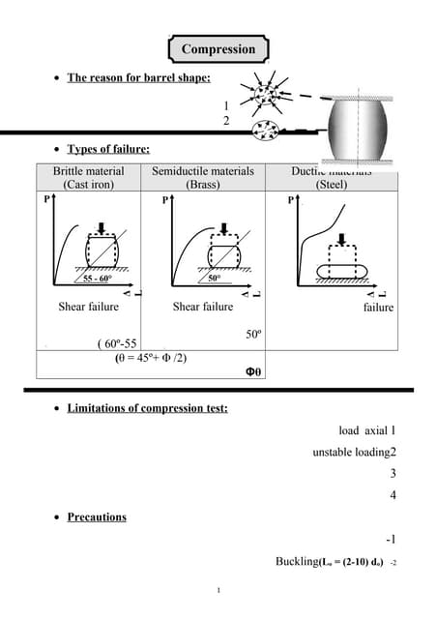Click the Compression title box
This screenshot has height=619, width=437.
[218, 49]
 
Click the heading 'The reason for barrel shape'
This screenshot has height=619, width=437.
[138, 77]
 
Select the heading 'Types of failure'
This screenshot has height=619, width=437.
[107, 149]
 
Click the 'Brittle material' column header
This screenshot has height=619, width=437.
[88, 171]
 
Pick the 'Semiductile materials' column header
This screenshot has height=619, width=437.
[203, 171]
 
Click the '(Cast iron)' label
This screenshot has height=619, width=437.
[88, 184]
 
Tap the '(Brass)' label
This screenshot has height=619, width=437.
[203, 184]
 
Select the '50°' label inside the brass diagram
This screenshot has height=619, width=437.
[215, 278]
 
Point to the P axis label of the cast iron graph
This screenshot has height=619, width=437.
[46, 200]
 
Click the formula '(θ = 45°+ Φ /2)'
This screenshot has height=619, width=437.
[151, 357]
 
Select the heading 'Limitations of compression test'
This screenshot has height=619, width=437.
[147, 408]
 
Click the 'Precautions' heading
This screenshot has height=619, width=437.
[97, 516]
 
